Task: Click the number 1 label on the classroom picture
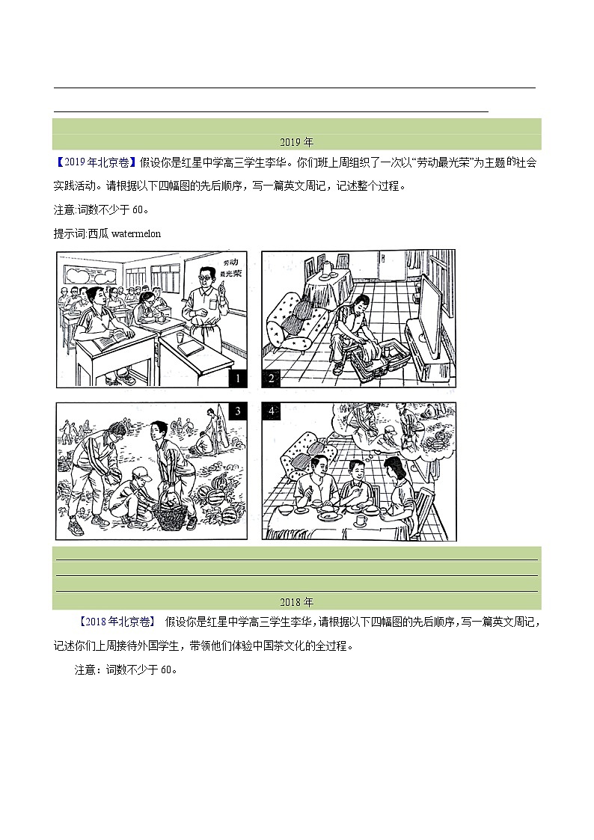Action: pos(236,378)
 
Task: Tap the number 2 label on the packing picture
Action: pos(272,378)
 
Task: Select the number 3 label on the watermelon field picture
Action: pos(237,411)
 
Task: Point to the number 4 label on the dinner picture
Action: pos(272,411)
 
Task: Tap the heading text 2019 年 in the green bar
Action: pos(297,142)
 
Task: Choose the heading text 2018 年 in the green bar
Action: pos(297,601)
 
